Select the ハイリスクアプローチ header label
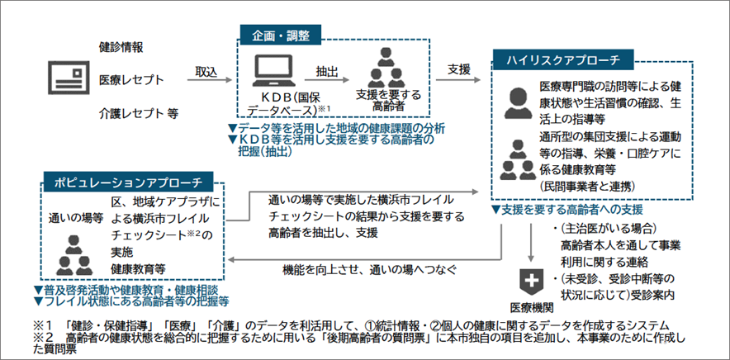562,60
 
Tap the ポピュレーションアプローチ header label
128,180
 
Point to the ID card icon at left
64,79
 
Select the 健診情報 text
121,47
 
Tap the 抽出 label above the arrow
327,70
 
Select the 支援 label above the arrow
459,69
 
